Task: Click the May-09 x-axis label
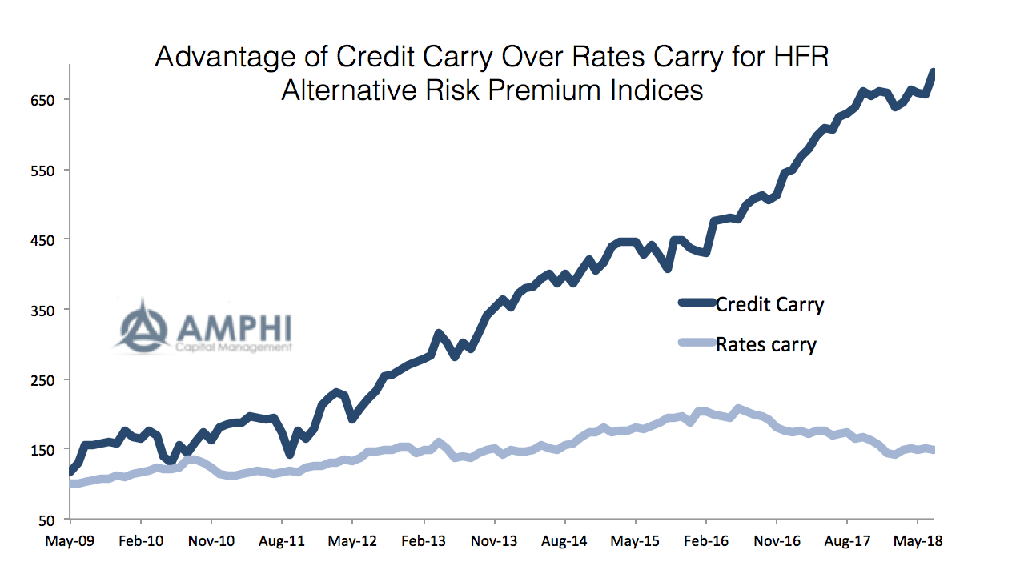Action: pyautogui.click(x=70, y=541)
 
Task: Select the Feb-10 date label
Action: pyautogui.click(x=141, y=541)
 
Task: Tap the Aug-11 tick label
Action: pyautogui.click(x=283, y=541)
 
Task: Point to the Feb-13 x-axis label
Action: pyautogui.click(x=424, y=541)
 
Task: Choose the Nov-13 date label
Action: pyautogui.click(x=494, y=541)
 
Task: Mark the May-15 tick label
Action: pyautogui.click(x=635, y=541)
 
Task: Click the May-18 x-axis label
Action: pyautogui.click(x=918, y=541)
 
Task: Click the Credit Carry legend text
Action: pyautogui.click(x=769, y=304)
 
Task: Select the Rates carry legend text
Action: pyautogui.click(x=765, y=345)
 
